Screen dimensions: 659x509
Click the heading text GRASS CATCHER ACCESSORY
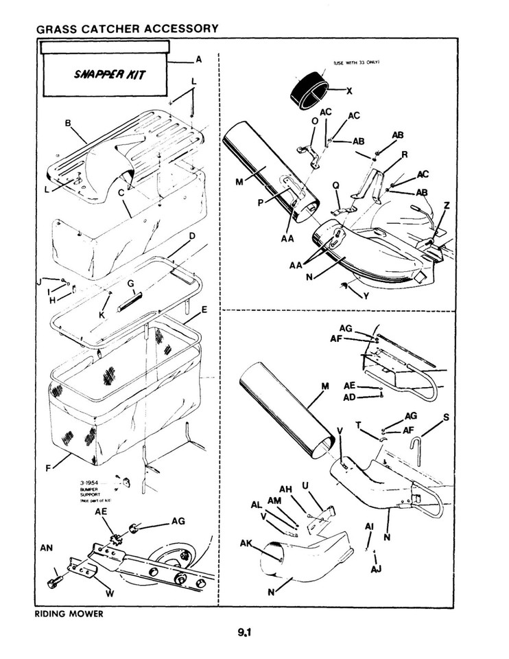click(x=127, y=28)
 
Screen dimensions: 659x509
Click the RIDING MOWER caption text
click(x=69, y=614)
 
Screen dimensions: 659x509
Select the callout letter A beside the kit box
click(x=198, y=60)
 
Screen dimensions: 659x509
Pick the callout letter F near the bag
click(x=49, y=469)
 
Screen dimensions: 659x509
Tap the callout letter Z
click(x=447, y=205)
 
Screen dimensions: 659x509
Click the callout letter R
click(x=405, y=155)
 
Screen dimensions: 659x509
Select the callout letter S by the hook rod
click(x=447, y=417)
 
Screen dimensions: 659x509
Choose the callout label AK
click(x=246, y=543)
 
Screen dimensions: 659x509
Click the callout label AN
click(x=47, y=548)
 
